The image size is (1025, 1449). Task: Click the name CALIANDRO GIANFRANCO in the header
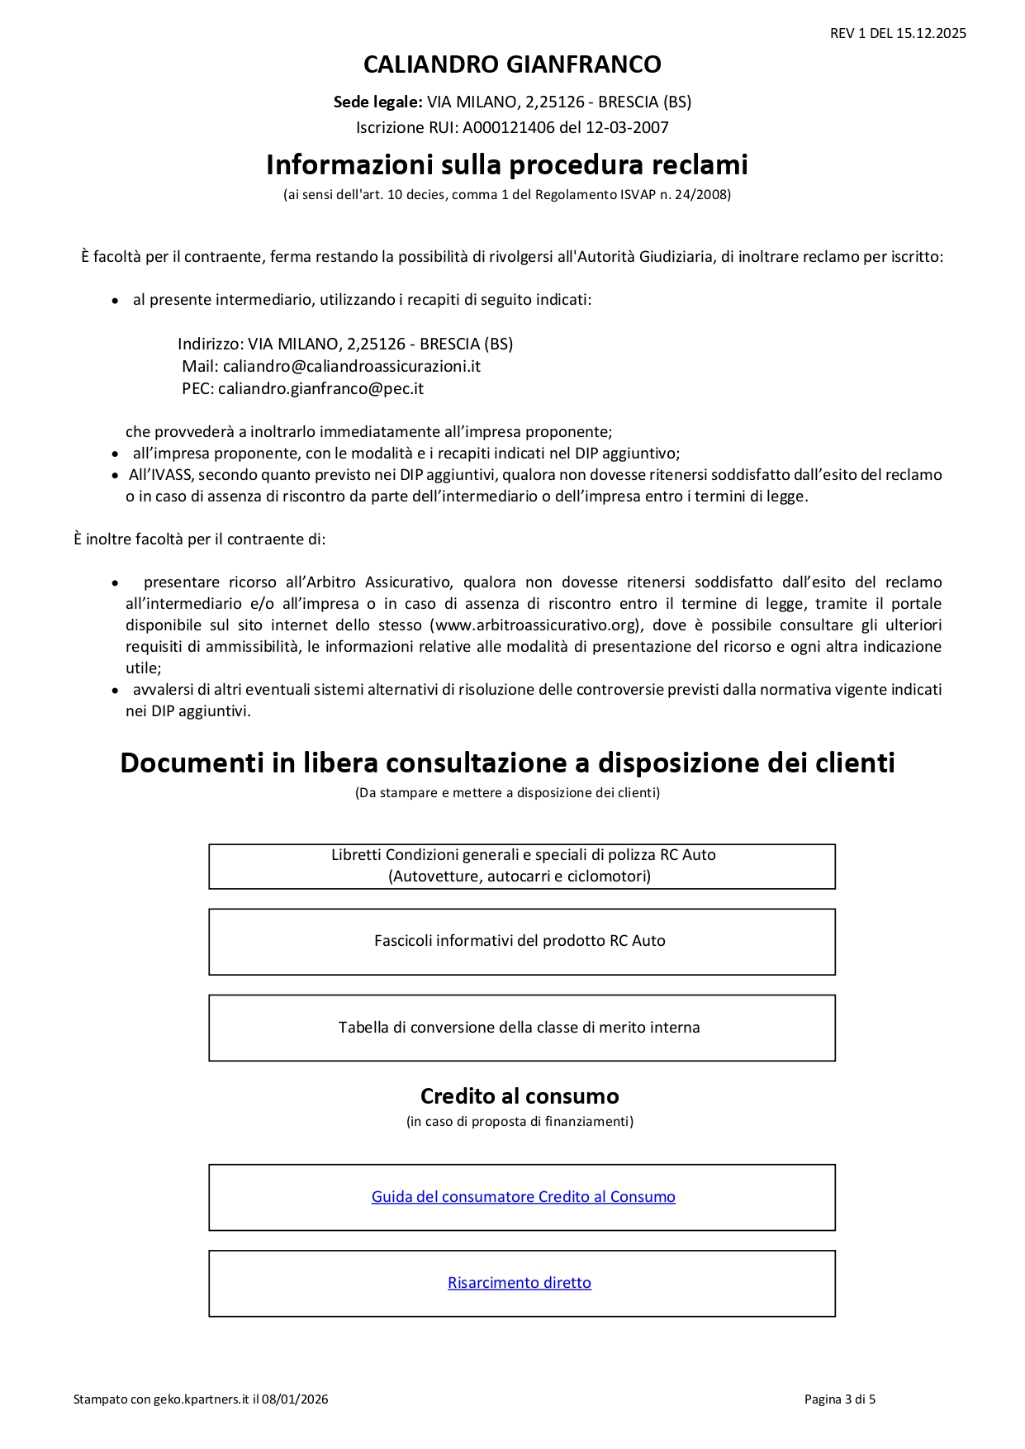tap(512, 64)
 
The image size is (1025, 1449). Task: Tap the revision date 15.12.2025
tap(931, 34)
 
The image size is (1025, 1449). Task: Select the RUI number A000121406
tap(508, 127)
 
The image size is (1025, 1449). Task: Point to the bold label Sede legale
tap(377, 102)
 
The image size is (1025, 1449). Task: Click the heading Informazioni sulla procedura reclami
tap(506, 165)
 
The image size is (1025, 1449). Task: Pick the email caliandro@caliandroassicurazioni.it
tap(352, 366)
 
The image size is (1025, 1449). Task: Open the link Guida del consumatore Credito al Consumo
tap(523, 1197)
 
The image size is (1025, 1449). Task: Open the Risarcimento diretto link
tap(519, 1283)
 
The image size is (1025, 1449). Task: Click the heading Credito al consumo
tap(519, 1096)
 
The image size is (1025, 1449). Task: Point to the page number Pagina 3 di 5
tap(839, 1399)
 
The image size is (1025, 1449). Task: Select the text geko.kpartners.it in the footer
tap(202, 1399)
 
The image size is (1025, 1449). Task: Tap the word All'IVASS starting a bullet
tap(161, 475)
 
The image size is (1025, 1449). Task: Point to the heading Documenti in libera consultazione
tap(507, 763)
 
